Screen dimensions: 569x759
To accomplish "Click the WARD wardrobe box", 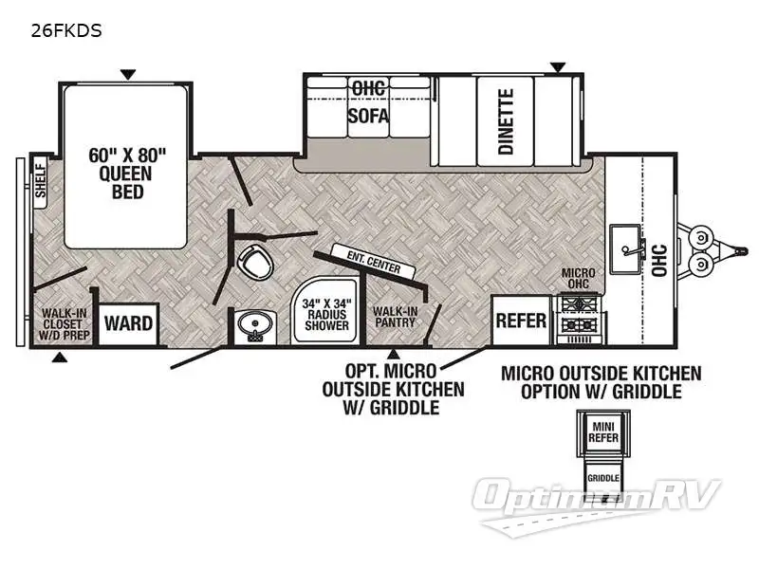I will [x=128, y=323].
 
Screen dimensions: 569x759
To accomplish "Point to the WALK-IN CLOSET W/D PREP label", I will [x=63, y=323].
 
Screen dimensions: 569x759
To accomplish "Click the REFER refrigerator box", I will [x=521, y=321].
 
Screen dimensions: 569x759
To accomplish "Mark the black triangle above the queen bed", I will [x=127, y=74].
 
